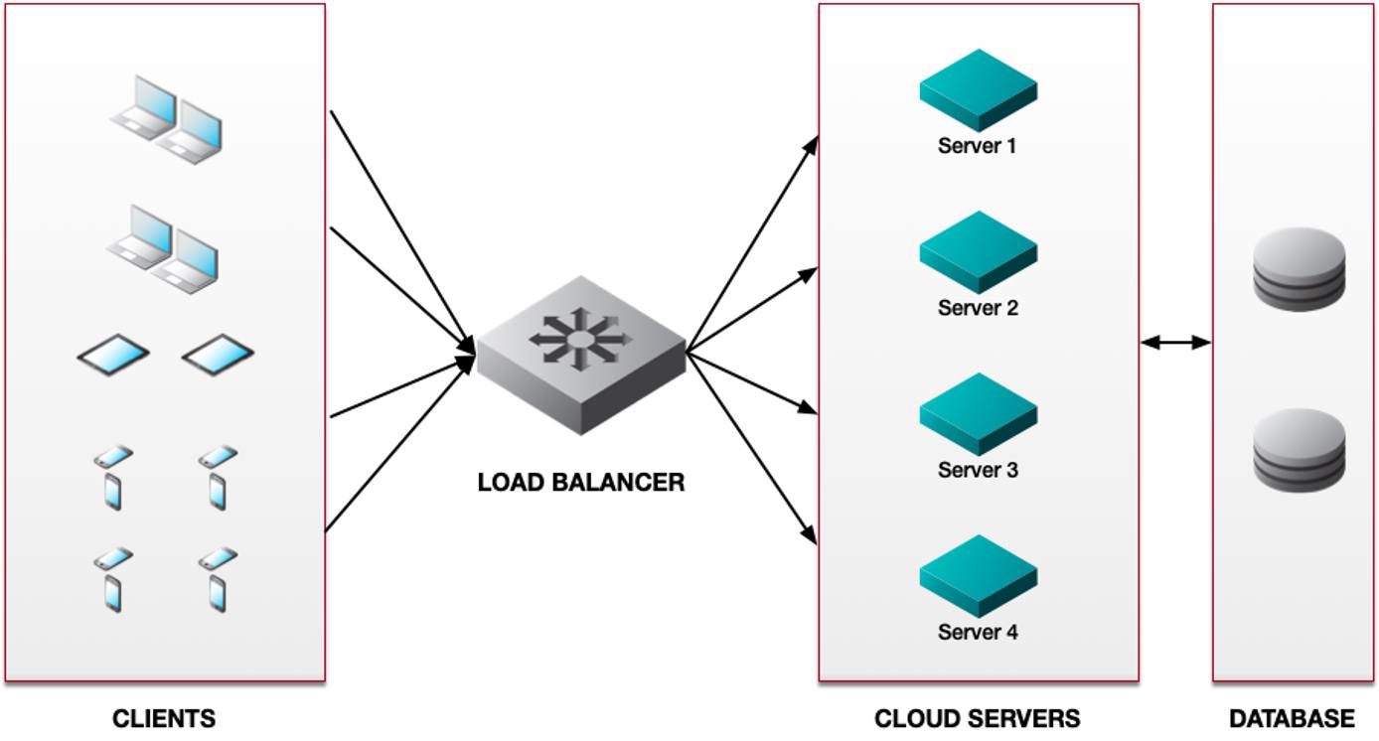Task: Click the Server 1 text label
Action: click(977, 146)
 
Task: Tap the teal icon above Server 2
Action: click(978, 251)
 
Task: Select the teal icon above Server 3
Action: click(978, 413)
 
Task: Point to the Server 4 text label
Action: click(977, 632)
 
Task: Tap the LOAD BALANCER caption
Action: click(581, 483)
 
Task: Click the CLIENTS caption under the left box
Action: click(164, 718)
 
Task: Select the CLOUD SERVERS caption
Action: click(977, 718)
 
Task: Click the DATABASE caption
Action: click(1292, 718)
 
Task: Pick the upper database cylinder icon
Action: click(1299, 269)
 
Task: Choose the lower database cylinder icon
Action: click(1299, 450)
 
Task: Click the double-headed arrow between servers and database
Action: click(1175, 343)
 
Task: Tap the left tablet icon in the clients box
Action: click(113, 354)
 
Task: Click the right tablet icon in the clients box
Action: click(218, 354)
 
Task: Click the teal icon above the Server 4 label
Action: click(978, 575)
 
